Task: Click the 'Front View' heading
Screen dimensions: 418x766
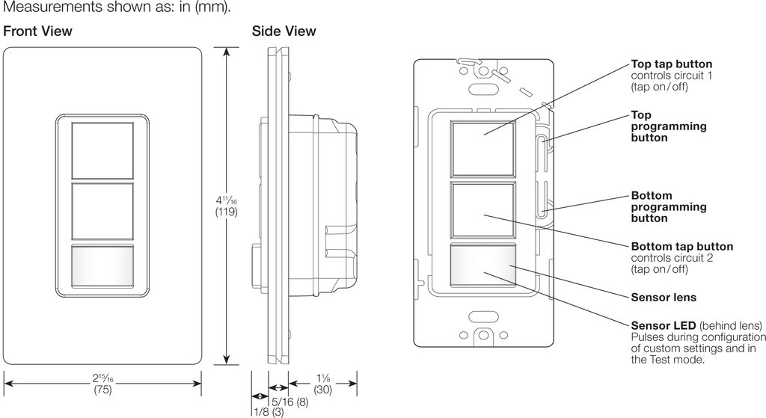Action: pos(38,31)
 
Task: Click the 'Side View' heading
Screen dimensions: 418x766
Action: pos(284,31)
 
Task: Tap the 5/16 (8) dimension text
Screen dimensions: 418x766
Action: pos(289,401)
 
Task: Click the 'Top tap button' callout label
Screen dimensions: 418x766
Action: pos(671,64)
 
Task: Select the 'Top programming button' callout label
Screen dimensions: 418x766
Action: pos(669,126)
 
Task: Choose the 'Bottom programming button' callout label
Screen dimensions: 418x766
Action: pos(669,207)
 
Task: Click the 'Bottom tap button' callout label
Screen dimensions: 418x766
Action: pos(681,246)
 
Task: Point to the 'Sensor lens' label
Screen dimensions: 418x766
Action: pos(664,298)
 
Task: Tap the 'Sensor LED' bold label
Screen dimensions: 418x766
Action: pos(663,326)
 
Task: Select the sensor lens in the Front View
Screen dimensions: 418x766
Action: pos(102,267)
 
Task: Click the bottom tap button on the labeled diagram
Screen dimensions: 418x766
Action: pos(482,209)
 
